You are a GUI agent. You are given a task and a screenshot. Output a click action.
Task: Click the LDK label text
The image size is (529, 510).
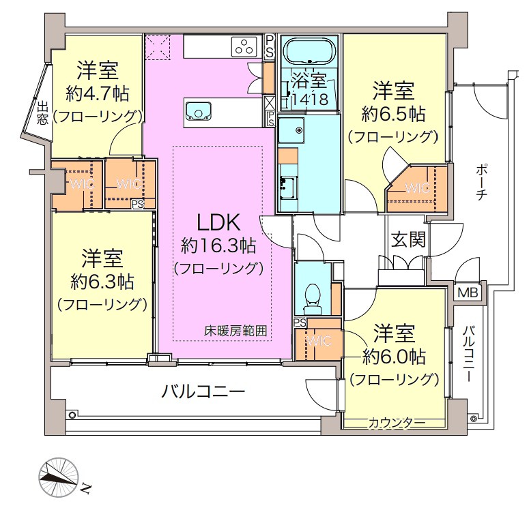tap(218, 222)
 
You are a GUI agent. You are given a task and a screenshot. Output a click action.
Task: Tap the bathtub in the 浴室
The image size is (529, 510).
tap(310, 51)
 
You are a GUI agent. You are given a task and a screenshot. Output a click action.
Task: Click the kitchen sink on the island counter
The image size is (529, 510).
tap(199, 111)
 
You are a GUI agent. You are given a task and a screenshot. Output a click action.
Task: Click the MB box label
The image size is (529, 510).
tap(468, 292)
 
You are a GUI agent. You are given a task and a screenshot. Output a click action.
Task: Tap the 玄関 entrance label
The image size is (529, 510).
tap(408, 240)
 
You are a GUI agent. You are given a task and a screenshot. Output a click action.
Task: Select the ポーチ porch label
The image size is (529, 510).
tap(481, 182)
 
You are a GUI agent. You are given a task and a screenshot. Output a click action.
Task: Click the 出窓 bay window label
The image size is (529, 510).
tap(42, 113)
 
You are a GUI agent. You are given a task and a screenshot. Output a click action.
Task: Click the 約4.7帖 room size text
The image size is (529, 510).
tap(97, 93)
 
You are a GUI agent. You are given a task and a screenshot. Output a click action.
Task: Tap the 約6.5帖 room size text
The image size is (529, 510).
tap(393, 114)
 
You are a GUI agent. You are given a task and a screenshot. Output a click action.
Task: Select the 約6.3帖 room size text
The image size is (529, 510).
tap(102, 282)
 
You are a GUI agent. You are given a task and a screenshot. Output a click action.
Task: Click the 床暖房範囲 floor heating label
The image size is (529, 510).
tap(235, 331)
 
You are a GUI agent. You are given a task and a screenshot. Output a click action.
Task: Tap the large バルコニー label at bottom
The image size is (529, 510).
tap(203, 391)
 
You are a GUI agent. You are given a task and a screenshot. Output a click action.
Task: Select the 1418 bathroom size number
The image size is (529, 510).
tap(310, 99)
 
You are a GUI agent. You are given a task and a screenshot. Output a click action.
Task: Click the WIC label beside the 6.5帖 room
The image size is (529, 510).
tap(417, 187)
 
